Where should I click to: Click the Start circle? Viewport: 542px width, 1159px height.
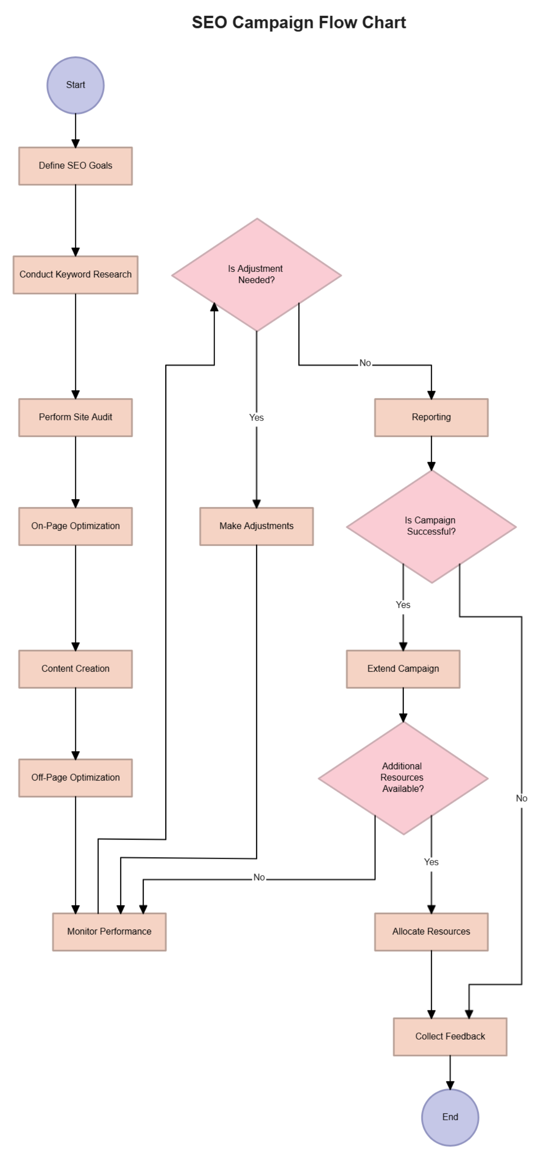coord(75,85)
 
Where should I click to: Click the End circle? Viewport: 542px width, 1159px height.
coord(450,1117)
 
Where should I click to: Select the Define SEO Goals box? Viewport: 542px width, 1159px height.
coord(75,166)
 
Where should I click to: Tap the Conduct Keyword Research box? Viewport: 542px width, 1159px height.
coord(75,275)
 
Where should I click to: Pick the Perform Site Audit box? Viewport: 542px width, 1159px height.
coord(75,417)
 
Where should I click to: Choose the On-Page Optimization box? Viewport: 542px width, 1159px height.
coord(75,526)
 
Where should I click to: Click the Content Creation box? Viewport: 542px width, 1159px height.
coord(75,669)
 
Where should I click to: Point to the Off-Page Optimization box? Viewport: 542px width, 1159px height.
coord(75,778)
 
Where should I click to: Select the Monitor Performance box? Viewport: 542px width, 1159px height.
coord(109,932)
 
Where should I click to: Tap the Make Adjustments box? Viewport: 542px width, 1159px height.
coord(257,526)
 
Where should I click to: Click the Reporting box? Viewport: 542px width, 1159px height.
coord(431,417)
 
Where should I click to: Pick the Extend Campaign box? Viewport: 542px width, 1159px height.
coord(403,669)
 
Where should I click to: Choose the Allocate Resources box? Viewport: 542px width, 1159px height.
coord(431,932)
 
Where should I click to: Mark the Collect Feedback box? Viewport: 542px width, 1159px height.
coord(450,1037)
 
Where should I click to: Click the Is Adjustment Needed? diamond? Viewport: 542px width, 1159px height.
coord(256,275)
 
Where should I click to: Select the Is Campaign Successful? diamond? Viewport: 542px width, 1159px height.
coord(431,526)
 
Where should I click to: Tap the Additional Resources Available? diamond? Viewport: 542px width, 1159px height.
coord(403,778)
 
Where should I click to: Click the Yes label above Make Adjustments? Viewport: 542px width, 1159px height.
coord(257,418)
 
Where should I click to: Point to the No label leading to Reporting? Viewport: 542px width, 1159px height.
coord(365,363)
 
